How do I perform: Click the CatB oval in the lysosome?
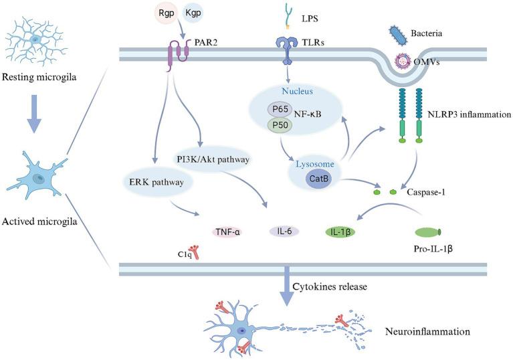(x=318, y=179)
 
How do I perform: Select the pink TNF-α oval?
(x=228, y=232)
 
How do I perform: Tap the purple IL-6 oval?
(x=284, y=232)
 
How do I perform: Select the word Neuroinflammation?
(x=426, y=331)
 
